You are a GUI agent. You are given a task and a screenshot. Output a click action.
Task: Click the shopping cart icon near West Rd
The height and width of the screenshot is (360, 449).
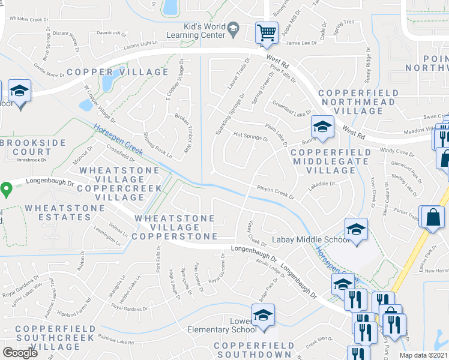(x=266, y=32)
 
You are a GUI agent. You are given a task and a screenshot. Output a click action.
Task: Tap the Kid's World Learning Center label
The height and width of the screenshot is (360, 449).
(x=205, y=31)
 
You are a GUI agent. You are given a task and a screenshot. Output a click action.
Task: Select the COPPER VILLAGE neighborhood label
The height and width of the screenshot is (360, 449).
(x=118, y=72)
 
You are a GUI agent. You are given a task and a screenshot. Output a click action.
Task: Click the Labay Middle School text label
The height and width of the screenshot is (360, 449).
(x=310, y=240)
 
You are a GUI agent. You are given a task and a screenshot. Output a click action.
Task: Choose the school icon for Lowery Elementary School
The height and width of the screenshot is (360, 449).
(x=262, y=316)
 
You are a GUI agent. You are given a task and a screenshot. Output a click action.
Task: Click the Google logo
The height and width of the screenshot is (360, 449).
(x=20, y=353)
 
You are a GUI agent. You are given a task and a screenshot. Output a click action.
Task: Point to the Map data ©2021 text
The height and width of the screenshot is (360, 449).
(x=423, y=355)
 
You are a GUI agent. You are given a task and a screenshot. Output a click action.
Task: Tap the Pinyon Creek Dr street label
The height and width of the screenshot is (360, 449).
(x=276, y=192)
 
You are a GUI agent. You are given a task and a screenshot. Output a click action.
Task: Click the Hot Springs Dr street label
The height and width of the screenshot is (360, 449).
(x=250, y=136)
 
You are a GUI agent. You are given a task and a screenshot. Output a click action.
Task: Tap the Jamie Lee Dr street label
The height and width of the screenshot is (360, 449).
(x=301, y=43)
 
